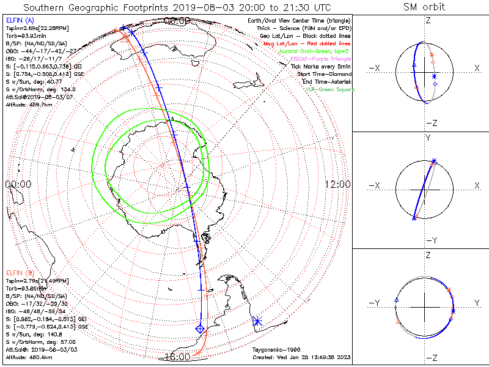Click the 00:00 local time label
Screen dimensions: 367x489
[x=18, y=184]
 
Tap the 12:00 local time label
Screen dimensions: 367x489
[x=338, y=184]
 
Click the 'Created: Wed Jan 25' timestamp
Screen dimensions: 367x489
[x=301, y=357]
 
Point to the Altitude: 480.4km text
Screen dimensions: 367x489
[x=28, y=357]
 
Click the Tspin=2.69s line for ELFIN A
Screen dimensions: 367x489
[x=37, y=28]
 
